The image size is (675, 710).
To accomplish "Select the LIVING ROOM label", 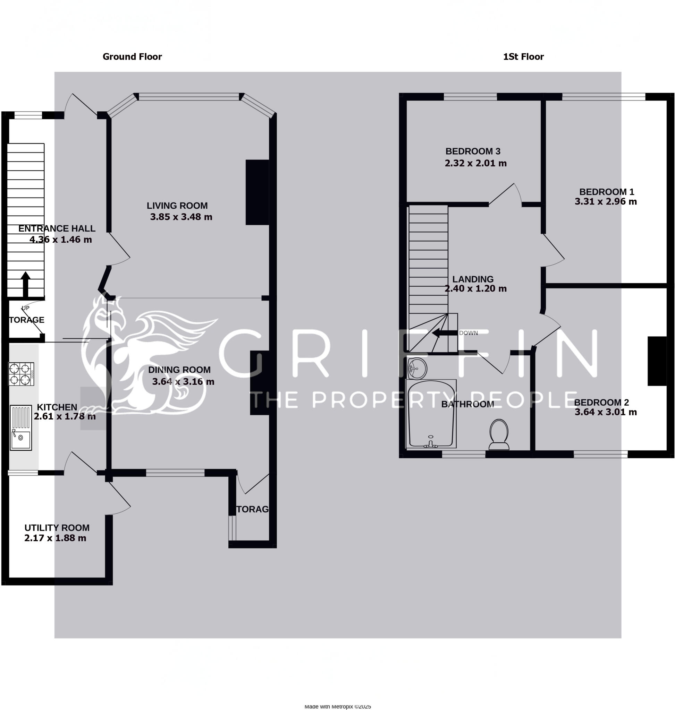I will tap(177, 206).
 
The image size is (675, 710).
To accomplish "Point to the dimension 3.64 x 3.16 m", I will tap(183, 381).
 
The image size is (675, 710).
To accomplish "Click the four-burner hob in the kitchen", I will tap(21, 374).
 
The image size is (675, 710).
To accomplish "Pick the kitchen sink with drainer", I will tap(21, 427).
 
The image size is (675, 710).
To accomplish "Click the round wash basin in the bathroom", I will tap(417, 368).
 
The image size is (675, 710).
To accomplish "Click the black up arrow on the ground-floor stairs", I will tap(26, 284).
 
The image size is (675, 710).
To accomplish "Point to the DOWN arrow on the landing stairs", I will tap(444, 333).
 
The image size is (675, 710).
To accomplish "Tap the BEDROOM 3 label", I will tap(473, 151).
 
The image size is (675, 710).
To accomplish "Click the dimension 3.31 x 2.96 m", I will tap(606, 202).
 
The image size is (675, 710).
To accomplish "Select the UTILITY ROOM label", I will tap(57, 528).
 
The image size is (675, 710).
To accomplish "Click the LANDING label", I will tap(473, 279).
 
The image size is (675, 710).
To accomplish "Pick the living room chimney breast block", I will tap(257, 192).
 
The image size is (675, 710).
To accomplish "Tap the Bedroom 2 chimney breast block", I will tap(657, 361).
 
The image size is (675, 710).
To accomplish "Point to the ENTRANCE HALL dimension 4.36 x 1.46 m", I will tap(60, 240).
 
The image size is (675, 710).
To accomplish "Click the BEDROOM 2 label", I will tap(601, 402).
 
